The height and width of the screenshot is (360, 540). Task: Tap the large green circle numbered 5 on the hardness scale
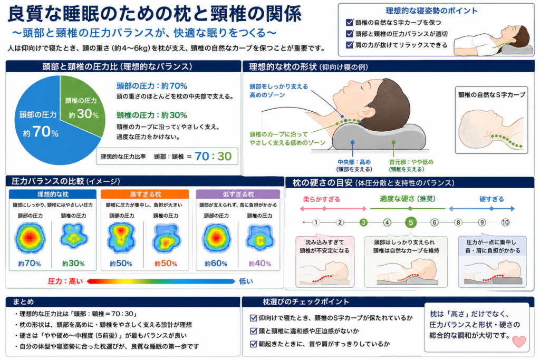point(410,222)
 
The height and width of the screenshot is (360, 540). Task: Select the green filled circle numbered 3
point(363,222)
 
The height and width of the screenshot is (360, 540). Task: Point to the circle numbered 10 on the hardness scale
point(505,222)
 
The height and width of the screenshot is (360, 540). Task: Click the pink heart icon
point(519,341)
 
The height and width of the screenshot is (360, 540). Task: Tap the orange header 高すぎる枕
point(145,194)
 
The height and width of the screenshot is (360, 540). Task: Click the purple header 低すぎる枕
point(238,194)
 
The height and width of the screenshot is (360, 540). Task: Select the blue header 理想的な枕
point(53,194)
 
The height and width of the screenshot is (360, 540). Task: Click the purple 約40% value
point(259,264)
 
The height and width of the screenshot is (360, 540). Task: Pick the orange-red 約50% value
point(166,264)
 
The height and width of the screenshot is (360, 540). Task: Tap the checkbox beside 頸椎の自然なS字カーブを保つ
point(350,22)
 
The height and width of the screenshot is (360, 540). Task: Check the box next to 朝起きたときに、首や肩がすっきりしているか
point(254,344)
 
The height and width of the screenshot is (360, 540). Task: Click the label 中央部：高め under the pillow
point(354,162)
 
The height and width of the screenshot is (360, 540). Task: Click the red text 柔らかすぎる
point(322,199)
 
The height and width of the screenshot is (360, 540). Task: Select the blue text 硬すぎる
point(492,199)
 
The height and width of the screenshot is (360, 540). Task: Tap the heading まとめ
point(23,302)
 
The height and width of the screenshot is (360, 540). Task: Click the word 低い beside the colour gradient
point(246,281)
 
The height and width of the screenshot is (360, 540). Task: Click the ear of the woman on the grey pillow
point(369,112)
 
